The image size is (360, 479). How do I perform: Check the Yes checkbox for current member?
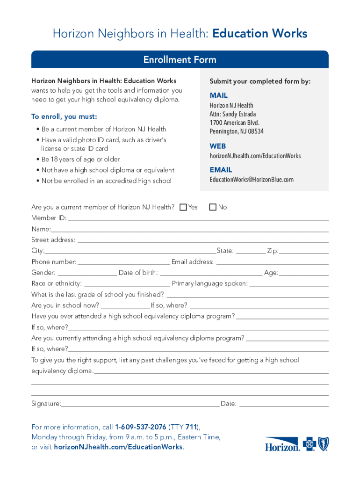pyautogui.click(x=183, y=207)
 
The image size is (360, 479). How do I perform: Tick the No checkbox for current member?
pyautogui.click(x=213, y=207)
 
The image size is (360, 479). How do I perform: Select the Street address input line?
pyautogui.click(x=202, y=240)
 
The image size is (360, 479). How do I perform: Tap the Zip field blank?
pyautogui.click(x=303, y=251)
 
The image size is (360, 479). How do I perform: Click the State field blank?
pyautogui.click(x=251, y=251)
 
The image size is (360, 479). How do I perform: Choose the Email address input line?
pyautogui.click(x=272, y=262)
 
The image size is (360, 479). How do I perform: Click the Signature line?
pyautogui.click(x=140, y=404)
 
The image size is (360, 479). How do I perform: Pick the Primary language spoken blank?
pyautogui.click(x=289, y=284)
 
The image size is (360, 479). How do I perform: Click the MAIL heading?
pyautogui.click(x=219, y=95)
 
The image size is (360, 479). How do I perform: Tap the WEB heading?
pyautogui.click(x=218, y=146)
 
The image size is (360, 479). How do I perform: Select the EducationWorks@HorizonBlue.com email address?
pyautogui.click(x=252, y=180)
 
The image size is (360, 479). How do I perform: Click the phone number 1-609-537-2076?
pyautogui.click(x=141, y=427)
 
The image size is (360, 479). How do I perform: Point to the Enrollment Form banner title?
pyautogui.click(x=180, y=60)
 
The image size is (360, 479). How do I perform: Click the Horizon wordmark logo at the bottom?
pyautogui.click(x=282, y=444)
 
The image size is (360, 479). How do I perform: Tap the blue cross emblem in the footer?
pyautogui.click(x=309, y=443)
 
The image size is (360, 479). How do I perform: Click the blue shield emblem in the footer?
pyautogui.click(x=323, y=443)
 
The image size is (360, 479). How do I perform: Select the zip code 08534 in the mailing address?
pyautogui.click(x=255, y=131)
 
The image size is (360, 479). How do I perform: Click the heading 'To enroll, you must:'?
pyautogui.click(x=64, y=116)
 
